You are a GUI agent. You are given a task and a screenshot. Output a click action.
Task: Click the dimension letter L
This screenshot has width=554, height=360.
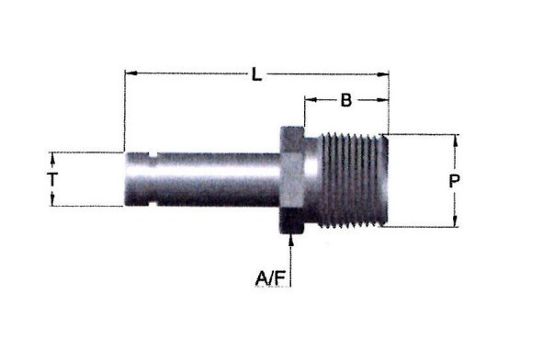tap(257, 74)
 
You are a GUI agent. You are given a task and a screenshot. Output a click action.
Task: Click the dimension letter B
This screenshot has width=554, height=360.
tap(346, 100)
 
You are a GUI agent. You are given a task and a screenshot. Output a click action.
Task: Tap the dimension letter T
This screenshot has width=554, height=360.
tap(52, 179)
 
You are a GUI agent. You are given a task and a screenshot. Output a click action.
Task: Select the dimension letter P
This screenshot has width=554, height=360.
tap(454, 181)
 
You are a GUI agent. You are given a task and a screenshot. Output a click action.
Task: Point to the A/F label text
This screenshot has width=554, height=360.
tap(270, 278)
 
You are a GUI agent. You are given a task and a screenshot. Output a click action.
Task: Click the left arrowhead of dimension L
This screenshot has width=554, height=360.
tap(131, 73)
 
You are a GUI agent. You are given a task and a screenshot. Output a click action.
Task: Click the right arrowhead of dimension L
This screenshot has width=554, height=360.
tap(382, 74)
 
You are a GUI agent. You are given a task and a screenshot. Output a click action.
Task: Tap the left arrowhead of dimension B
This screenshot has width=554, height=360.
tap(311, 100)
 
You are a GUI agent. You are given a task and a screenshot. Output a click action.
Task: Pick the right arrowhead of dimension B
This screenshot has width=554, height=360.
tap(382, 100)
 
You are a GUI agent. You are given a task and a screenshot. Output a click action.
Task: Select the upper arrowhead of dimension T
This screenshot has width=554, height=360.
tap(53, 158)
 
